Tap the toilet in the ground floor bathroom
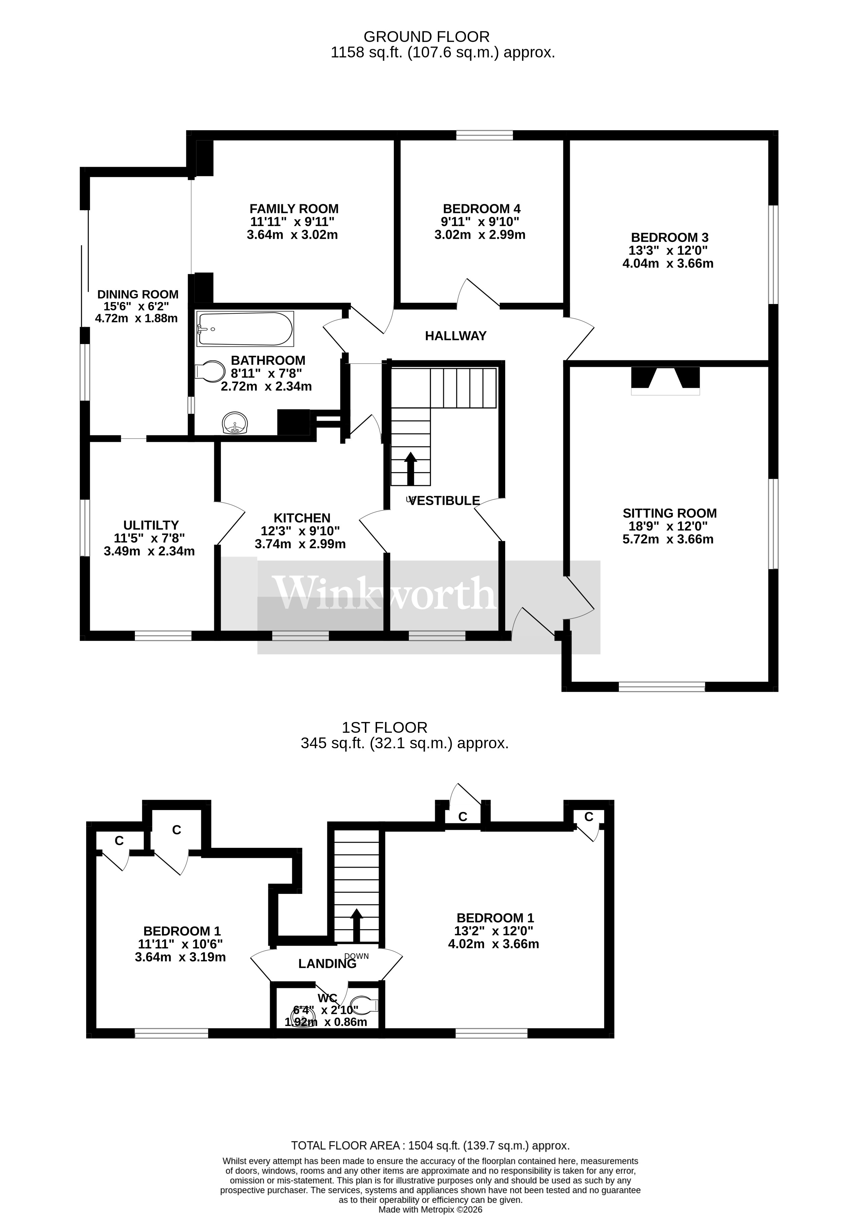pyautogui.click(x=210, y=372)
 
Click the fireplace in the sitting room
pyautogui.click(x=665, y=380)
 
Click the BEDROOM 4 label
pyautogui.click(x=481, y=208)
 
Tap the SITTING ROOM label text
pyautogui.click(x=670, y=513)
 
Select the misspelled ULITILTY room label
pyautogui.click(x=151, y=525)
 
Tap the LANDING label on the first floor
pyautogui.click(x=327, y=964)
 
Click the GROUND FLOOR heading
pyautogui.click(x=426, y=37)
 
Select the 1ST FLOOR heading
pyautogui.click(x=384, y=727)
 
